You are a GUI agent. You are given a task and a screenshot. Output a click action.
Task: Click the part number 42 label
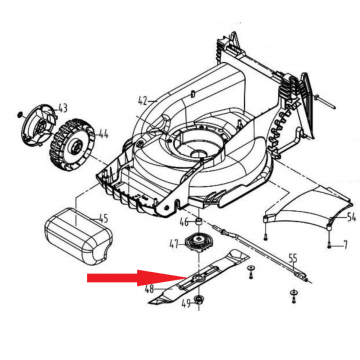(x=143, y=100)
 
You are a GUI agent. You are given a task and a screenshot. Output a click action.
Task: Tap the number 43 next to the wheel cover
(x=63, y=108)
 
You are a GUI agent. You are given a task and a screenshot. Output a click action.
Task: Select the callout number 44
(x=102, y=134)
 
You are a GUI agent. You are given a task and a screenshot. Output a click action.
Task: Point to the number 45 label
(x=103, y=219)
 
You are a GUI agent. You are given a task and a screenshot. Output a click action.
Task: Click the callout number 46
(x=184, y=221)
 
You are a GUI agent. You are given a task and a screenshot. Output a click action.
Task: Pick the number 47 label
(x=174, y=244)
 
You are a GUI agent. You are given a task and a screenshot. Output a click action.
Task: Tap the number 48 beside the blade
(x=149, y=289)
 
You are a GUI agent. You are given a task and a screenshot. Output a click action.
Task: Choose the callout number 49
(x=186, y=303)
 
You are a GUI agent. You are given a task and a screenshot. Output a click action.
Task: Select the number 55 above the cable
(x=292, y=258)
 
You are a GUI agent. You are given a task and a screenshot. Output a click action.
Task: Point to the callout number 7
(x=345, y=246)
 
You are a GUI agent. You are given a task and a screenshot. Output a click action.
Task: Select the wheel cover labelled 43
(x=37, y=125)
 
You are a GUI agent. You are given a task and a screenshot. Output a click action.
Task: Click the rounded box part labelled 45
(x=79, y=236)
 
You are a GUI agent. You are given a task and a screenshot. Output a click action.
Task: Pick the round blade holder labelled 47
(x=199, y=243)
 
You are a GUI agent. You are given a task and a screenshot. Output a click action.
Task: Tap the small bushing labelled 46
(x=199, y=221)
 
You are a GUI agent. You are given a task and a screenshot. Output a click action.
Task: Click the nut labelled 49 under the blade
(x=199, y=299)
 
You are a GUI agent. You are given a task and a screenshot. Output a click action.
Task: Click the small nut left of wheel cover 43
(x=19, y=115)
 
